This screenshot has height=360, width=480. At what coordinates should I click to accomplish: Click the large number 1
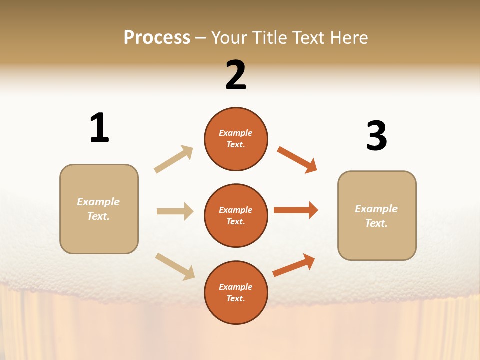(99, 128)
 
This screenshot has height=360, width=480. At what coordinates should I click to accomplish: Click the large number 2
(236, 75)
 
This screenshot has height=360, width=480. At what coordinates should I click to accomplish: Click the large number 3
(376, 136)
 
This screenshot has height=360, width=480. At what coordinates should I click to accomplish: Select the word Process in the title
(157, 37)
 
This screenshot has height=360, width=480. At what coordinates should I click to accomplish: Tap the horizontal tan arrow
(175, 211)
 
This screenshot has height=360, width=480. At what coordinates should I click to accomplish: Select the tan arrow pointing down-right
(175, 266)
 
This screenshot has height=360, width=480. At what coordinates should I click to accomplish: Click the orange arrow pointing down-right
(297, 159)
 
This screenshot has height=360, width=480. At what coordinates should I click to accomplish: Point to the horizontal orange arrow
(296, 210)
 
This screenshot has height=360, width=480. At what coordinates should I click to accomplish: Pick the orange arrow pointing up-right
(294, 265)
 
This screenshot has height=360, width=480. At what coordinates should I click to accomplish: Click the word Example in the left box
(98, 201)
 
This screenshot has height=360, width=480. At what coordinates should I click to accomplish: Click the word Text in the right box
(376, 223)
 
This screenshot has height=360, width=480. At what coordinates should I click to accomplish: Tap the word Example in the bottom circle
(236, 287)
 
